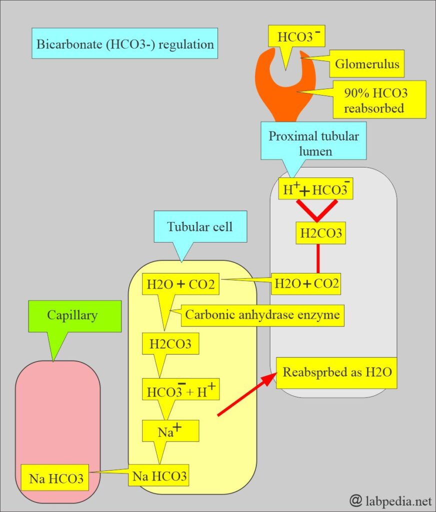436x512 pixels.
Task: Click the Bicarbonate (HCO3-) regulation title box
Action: coord(125,44)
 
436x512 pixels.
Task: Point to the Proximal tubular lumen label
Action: coord(314,143)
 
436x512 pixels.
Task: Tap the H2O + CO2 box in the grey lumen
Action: coord(306,284)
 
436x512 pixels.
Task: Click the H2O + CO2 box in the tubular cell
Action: coord(180,284)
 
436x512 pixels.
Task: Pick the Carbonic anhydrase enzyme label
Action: coord(262,315)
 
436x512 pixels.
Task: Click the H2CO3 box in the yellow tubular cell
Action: coord(170,344)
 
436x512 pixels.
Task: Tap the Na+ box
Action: coord(170,431)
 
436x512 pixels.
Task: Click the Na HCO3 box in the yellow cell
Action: coord(159,476)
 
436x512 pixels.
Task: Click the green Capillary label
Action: coord(72,315)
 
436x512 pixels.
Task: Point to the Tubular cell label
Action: coord(199,226)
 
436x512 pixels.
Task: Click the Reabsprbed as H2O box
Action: coord(337,372)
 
